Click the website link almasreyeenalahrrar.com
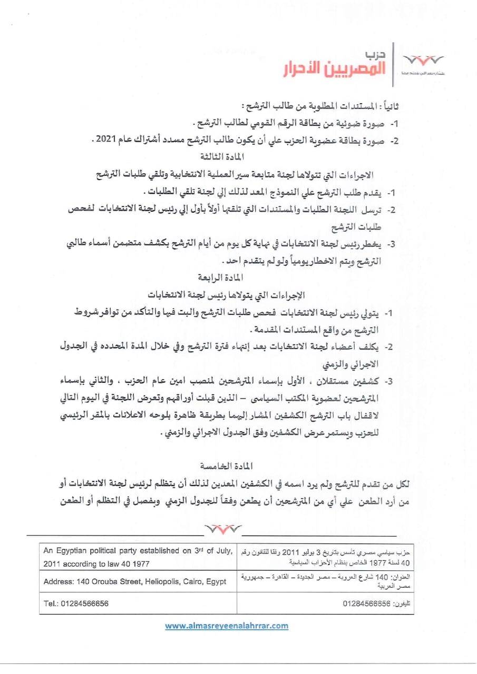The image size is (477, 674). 227,626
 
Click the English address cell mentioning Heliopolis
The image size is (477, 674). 135,581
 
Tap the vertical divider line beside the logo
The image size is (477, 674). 393,63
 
